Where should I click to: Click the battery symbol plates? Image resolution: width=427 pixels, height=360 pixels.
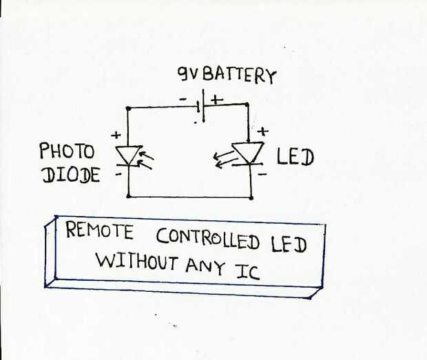click(x=201, y=105)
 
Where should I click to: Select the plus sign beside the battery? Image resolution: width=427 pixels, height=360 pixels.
click(x=218, y=99)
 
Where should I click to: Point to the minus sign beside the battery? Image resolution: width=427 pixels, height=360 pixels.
click(x=183, y=99)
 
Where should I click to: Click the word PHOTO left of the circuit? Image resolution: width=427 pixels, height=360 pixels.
click(x=67, y=151)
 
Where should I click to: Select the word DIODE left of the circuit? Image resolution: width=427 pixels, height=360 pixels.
click(x=71, y=174)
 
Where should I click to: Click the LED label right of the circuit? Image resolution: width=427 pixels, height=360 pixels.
click(x=295, y=157)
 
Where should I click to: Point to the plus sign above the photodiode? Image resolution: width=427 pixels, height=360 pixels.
click(x=116, y=135)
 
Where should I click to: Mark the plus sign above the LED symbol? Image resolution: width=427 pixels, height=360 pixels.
click(x=263, y=131)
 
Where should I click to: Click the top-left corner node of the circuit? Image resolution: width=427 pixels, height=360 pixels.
click(x=128, y=109)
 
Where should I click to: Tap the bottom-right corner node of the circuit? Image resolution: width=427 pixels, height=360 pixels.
click(x=251, y=198)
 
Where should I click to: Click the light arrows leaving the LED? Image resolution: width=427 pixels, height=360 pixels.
click(x=223, y=160)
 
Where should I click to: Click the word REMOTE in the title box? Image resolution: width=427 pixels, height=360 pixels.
click(x=100, y=230)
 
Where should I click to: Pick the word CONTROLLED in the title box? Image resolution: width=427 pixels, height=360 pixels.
click(x=208, y=239)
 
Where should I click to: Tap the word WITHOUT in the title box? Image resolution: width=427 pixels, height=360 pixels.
click(x=136, y=262)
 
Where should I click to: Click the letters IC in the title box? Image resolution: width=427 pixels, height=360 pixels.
click(x=247, y=272)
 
